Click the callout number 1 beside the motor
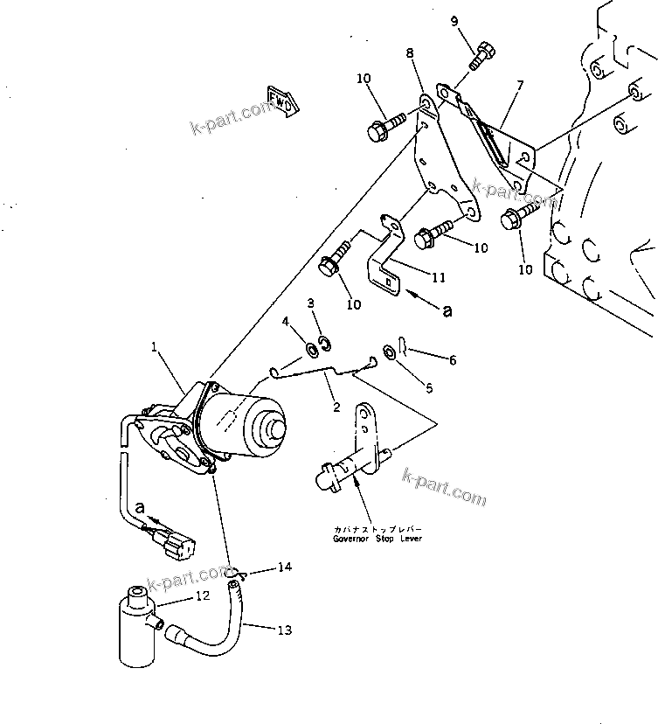coord(155,347)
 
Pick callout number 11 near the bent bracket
coord(438,278)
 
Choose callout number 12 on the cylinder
coord(202,596)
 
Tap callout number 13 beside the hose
coord(285,630)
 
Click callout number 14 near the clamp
coord(284,567)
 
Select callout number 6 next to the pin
coord(451,359)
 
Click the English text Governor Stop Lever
coord(377,540)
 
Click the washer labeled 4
coord(311,352)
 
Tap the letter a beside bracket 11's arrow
coord(448,310)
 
